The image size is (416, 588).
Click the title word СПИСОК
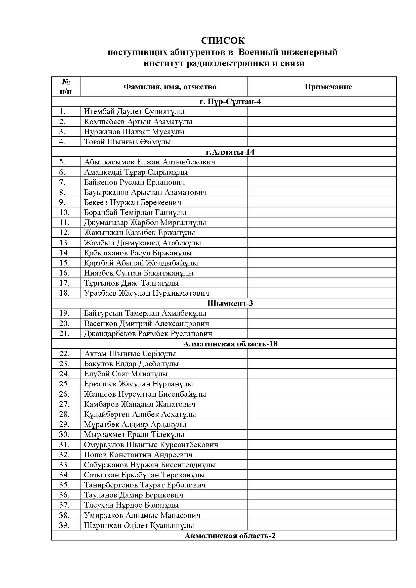(223, 40)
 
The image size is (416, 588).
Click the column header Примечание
(328, 87)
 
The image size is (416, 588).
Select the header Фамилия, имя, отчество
(170, 87)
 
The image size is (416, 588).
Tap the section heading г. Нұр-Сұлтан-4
(230, 102)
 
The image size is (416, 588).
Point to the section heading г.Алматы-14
(230, 152)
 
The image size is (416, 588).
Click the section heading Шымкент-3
(230, 303)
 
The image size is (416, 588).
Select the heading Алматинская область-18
(230, 344)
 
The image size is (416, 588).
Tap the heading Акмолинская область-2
(230, 536)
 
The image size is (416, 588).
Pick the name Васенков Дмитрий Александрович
(147, 324)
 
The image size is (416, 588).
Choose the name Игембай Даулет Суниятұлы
(134, 112)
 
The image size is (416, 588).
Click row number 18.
(64, 293)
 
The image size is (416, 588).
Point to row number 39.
(64, 525)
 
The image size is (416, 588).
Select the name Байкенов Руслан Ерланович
(135, 182)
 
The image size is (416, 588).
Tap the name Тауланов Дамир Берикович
(134, 495)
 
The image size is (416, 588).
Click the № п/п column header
(66, 87)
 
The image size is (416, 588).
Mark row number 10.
(64, 213)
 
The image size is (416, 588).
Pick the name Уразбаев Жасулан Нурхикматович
(147, 293)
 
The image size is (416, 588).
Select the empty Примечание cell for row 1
(322, 112)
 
